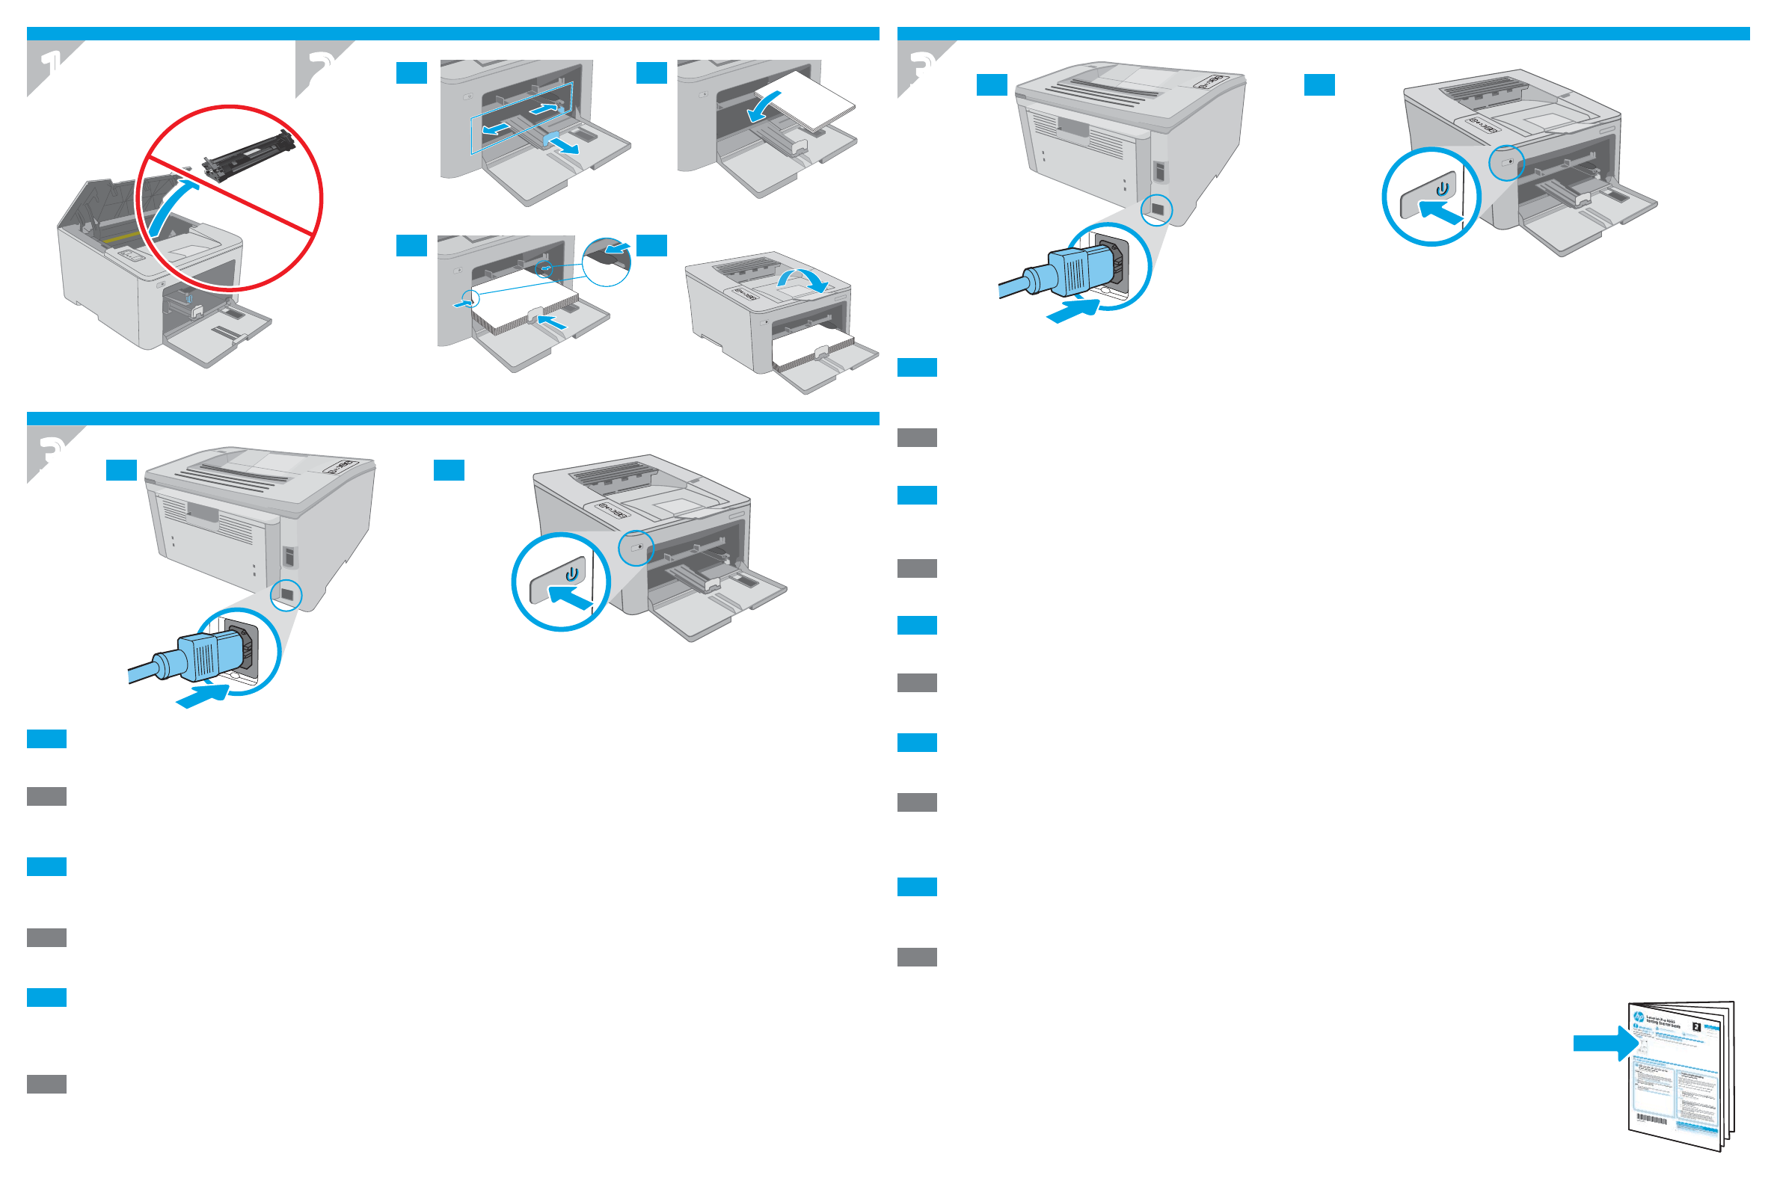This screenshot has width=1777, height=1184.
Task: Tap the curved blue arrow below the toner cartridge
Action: pyautogui.click(x=170, y=208)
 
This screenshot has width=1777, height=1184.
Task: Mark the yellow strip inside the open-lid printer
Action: pyautogui.click(x=121, y=238)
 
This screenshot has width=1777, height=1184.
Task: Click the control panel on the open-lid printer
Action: pyautogui.click(x=132, y=256)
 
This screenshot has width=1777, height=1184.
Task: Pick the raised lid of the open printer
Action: pyautogui.click(x=90, y=204)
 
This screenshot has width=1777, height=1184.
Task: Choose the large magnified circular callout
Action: pyautogui.click(x=607, y=262)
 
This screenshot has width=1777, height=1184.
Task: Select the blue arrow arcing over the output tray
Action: pyautogui.click(x=805, y=280)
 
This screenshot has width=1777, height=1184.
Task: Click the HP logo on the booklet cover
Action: pyautogui.click(x=1637, y=1018)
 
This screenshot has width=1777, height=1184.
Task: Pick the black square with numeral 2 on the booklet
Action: pyautogui.click(x=1696, y=1028)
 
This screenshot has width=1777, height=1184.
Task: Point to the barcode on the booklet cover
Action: pyautogui.click(x=1652, y=1118)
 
